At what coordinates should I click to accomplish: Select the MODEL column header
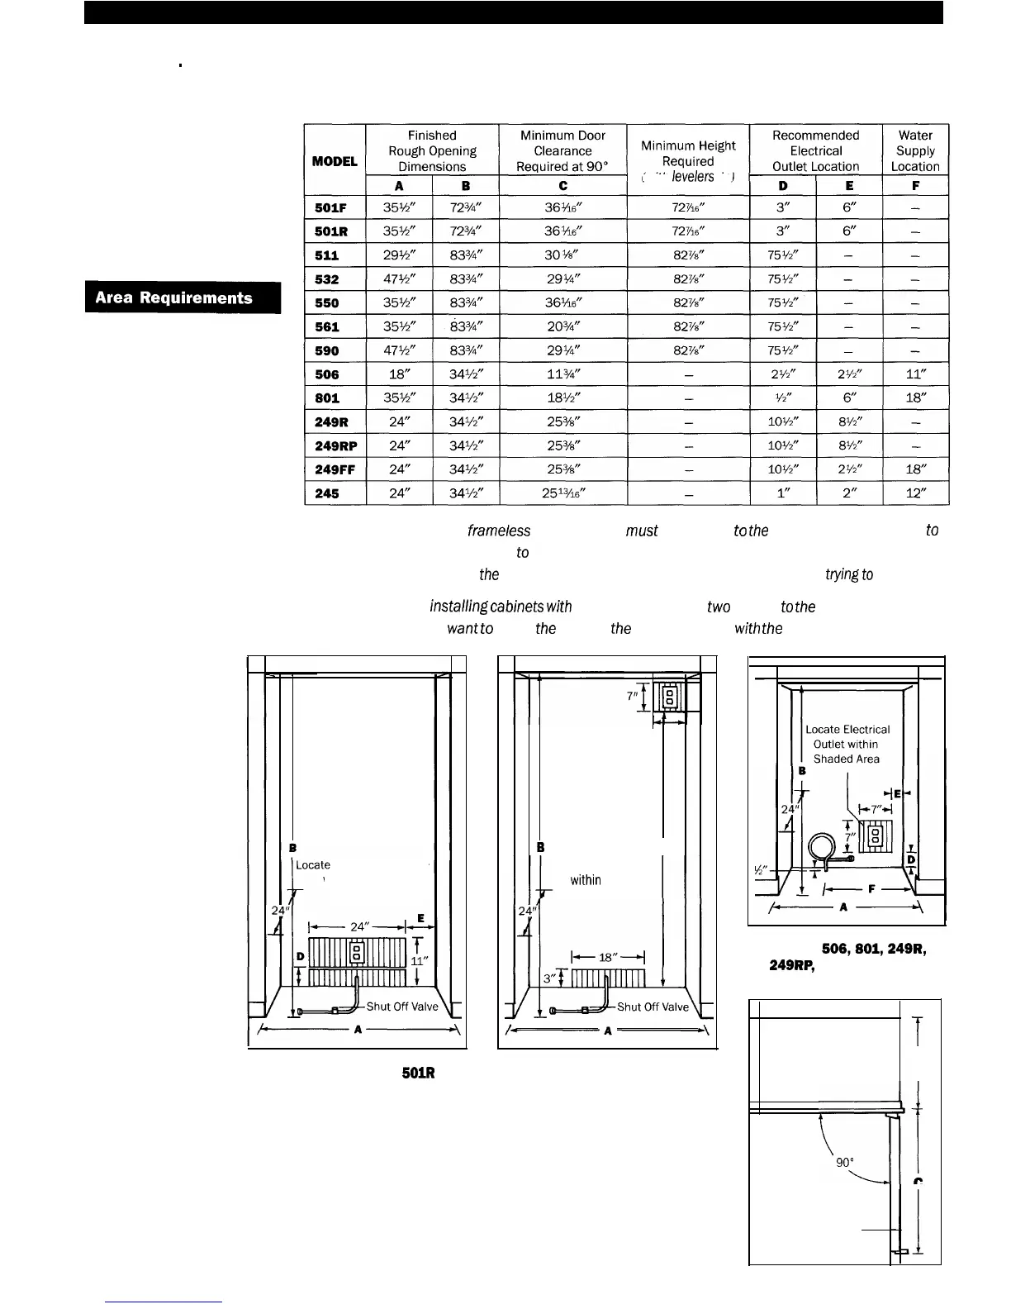335,161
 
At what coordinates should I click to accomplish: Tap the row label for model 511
327,255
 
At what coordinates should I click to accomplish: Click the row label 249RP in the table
335,446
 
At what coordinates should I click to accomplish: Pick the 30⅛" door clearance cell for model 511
562,255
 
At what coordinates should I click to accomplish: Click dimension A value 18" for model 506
399,374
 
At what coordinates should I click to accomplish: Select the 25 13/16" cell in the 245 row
562,494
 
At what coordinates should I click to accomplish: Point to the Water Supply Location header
915,150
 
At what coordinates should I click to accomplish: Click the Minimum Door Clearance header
562,150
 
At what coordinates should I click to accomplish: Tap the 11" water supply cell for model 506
915,374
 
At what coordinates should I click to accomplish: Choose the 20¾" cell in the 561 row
562,326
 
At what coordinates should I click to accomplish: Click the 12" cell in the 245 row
915,494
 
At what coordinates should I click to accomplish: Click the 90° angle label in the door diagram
844,1162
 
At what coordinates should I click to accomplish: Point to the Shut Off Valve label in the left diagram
401,1007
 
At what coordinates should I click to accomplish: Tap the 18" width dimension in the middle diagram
608,958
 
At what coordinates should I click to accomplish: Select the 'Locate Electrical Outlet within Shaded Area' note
847,744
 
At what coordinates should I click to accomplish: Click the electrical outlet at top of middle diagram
669,695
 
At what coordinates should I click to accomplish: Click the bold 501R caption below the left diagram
418,1073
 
